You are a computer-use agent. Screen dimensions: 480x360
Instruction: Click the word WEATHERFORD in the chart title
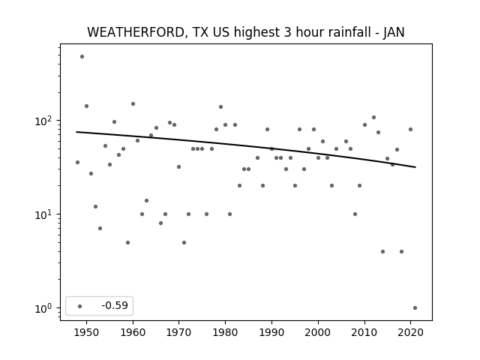tap(136, 32)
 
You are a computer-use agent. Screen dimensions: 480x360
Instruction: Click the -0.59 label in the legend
tap(115, 305)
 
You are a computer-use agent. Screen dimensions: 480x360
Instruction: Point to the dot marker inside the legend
tap(80, 306)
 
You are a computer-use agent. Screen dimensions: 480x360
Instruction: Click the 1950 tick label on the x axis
tap(87, 332)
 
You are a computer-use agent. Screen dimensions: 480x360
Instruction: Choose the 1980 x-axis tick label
tap(225, 332)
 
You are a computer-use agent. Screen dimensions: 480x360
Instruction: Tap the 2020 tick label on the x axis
tap(410, 332)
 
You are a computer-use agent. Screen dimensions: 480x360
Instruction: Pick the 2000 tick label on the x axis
tap(318, 332)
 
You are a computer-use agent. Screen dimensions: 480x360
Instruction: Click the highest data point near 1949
tap(82, 57)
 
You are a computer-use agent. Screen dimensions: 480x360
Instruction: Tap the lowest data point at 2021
tap(415, 308)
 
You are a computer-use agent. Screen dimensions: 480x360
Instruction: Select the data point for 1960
tap(133, 104)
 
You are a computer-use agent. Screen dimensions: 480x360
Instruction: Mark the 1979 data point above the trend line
tap(220, 106)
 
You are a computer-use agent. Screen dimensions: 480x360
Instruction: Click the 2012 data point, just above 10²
tap(373, 118)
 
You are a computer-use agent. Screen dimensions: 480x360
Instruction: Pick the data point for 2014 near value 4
tap(382, 252)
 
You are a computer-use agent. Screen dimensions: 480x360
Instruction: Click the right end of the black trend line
tap(415, 167)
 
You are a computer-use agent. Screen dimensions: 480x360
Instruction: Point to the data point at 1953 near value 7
tap(100, 228)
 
